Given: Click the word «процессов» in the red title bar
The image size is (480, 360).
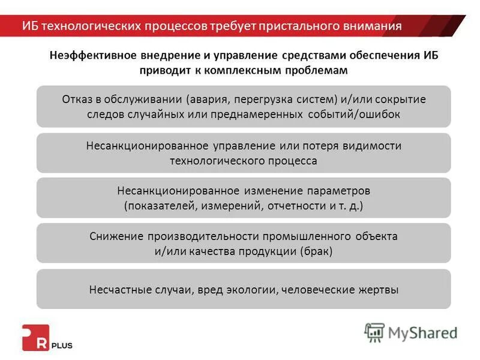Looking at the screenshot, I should tap(176, 26).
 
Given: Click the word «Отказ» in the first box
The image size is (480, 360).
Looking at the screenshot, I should tap(76, 99).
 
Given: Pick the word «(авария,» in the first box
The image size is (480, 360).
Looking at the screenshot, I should tap(208, 99).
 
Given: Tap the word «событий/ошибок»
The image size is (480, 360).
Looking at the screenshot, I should tap(362, 113).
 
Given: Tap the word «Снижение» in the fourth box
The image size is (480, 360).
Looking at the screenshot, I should tap(113, 236).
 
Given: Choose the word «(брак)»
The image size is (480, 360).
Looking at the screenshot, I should tap(316, 251).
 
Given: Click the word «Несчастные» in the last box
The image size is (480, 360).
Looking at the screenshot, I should tap(118, 289).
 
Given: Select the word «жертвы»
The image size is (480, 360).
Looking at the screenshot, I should tap(378, 289).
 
